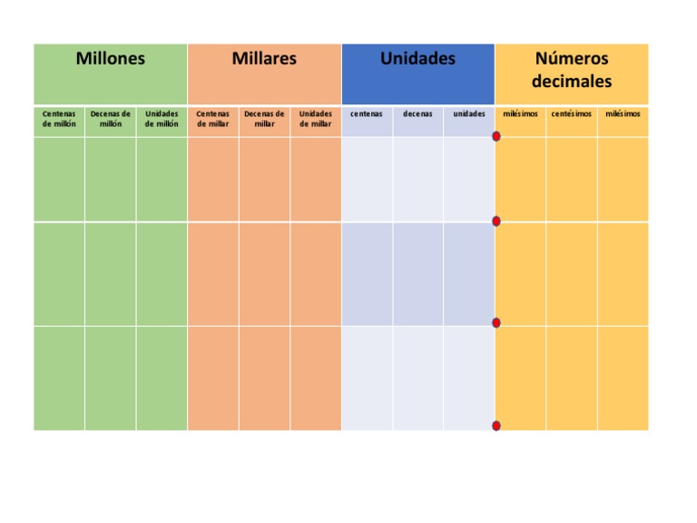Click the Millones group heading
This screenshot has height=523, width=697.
tap(110, 59)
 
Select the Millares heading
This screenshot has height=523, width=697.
tap(264, 59)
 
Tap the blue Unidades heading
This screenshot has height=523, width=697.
tap(417, 59)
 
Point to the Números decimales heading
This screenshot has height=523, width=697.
tap(572, 70)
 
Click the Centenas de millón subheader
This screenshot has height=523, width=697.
tap(59, 119)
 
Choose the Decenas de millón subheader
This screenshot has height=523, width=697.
tap(111, 119)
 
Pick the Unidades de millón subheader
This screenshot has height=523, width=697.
tap(162, 119)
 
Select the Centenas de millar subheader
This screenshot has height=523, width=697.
tap(213, 119)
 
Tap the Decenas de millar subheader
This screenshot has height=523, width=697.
tap(264, 119)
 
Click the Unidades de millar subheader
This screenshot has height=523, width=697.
tap(316, 119)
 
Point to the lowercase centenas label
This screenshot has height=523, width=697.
tap(367, 114)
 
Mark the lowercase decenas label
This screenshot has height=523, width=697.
tap(417, 114)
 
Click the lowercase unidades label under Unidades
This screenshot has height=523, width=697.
tap(469, 114)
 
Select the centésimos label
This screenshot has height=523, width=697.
tap(572, 114)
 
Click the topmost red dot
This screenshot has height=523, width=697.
tap(496, 137)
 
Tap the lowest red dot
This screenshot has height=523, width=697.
tap(496, 426)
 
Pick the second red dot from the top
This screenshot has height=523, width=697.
tap(496, 222)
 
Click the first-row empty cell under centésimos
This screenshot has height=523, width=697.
tap(572, 179)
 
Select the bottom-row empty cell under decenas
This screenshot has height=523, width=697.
tap(417, 378)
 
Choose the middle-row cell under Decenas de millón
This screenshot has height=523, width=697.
tap(111, 273)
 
